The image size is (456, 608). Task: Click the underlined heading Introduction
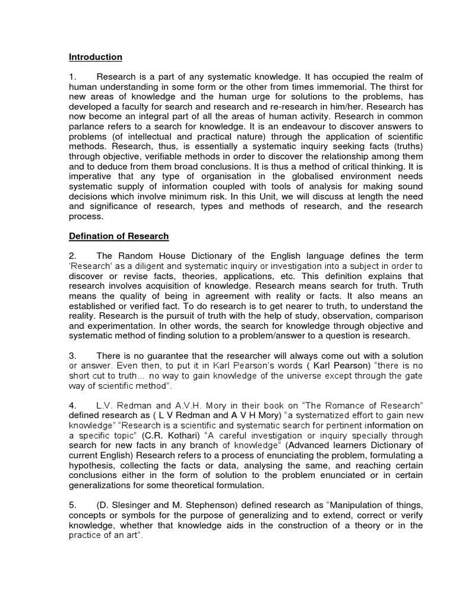(96, 57)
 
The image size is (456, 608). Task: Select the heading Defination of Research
(119, 236)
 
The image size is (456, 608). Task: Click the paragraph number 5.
(72, 505)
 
